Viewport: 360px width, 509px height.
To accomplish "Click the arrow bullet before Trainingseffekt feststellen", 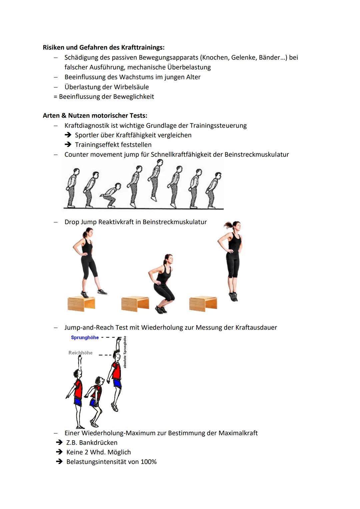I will (x=68, y=145).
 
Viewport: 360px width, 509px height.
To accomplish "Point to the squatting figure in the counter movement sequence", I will (x=111, y=196).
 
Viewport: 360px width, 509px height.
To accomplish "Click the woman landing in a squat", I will (x=163, y=283).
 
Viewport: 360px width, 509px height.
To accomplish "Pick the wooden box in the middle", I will (x=135, y=304).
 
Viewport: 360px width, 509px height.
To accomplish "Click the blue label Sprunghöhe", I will (x=85, y=337).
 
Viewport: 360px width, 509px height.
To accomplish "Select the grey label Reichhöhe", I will (x=80, y=353).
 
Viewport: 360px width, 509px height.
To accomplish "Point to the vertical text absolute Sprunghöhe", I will (x=125, y=352).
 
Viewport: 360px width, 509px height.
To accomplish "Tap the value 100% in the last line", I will (x=148, y=462).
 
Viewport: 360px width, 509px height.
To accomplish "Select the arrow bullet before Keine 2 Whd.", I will (x=59, y=452).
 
